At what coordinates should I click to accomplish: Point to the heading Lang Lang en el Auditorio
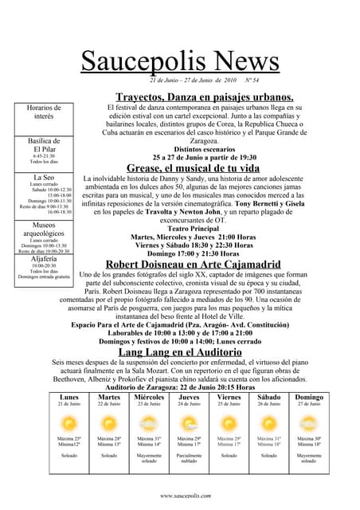(x=180, y=351)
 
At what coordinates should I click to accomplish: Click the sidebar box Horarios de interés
(x=44, y=112)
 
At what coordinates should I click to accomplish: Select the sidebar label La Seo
(x=44, y=177)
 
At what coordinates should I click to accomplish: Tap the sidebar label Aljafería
(x=44, y=260)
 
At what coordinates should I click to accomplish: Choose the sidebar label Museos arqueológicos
(x=44, y=230)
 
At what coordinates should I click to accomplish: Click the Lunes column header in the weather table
(x=69, y=397)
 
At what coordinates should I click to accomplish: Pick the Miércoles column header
(x=149, y=397)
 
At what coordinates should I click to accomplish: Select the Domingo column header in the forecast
(x=309, y=397)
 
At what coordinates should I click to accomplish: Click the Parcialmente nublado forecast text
(x=189, y=458)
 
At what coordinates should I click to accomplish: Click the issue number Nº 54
(x=251, y=80)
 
